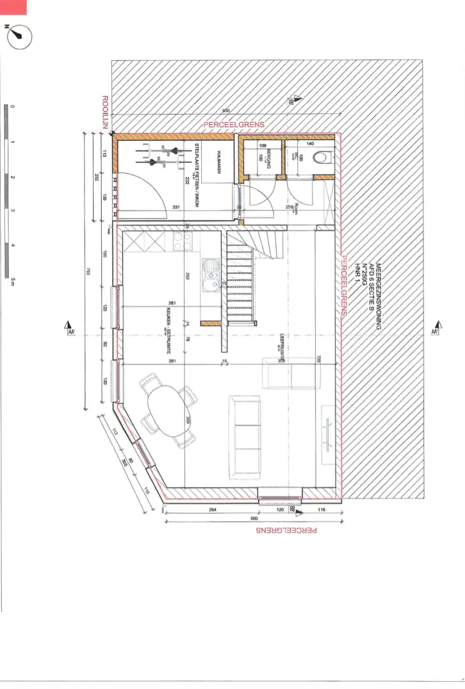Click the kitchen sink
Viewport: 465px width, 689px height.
point(209,274)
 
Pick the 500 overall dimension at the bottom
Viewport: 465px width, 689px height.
point(254,519)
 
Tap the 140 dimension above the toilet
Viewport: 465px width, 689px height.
point(310,143)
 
